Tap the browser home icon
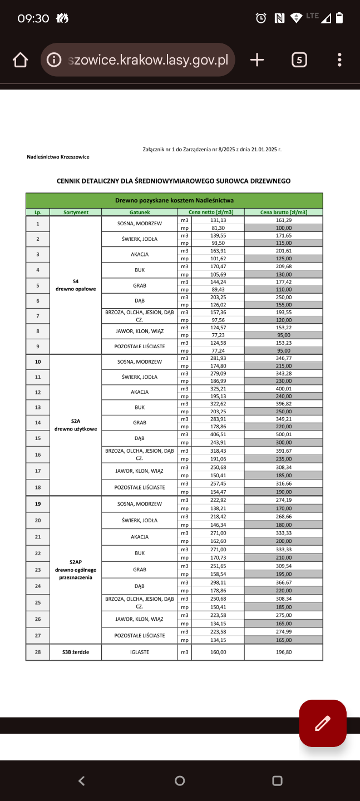[20, 60]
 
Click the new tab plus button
[257, 60]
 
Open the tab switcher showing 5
[299, 60]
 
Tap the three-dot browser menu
[339, 60]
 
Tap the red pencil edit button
[323, 723]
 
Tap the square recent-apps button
[277, 780]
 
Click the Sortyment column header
[76, 212]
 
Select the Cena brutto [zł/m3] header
[283, 212]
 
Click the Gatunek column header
[140, 212]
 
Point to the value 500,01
[283, 434]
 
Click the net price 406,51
[218, 434]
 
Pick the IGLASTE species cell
[140, 652]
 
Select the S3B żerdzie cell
[76, 652]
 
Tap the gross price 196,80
[283, 652]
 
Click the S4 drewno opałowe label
[76, 285]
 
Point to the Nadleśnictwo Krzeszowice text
[58, 157]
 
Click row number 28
[38, 652]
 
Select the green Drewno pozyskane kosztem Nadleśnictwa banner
[174, 200]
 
